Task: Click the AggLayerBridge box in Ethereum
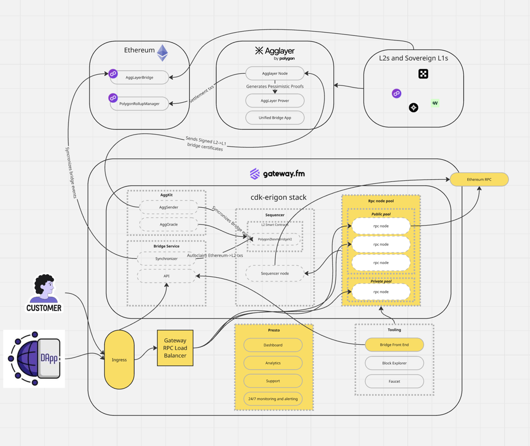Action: (x=140, y=77)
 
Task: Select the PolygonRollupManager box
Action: (x=139, y=104)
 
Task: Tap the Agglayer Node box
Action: (x=274, y=73)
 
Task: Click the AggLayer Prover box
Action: (x=274, y=101)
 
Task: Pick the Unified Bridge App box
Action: (x=274, y=118)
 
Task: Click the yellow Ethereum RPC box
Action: (x=479, y=179)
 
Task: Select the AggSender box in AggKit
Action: (x=169, y=207)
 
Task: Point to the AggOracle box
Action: (x=169, y=225)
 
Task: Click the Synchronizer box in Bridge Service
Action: (x=166, y=259)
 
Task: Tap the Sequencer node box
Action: (x=274, y=273)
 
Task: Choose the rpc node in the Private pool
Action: (x=380, y=292)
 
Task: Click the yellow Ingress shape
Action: (x=119, y=360)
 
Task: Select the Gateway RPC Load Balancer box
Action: (x=175, y=348)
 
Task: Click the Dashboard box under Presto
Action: (x=273, y=345)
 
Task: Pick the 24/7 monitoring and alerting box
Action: (x=273, y=399)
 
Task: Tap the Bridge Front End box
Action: (x=394, y=345)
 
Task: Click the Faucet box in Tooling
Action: (x=394, y=381)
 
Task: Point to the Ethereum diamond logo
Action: (x=162, y=52)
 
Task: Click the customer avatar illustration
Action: (x=44, y=289)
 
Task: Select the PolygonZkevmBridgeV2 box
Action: (x=274, y=239)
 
